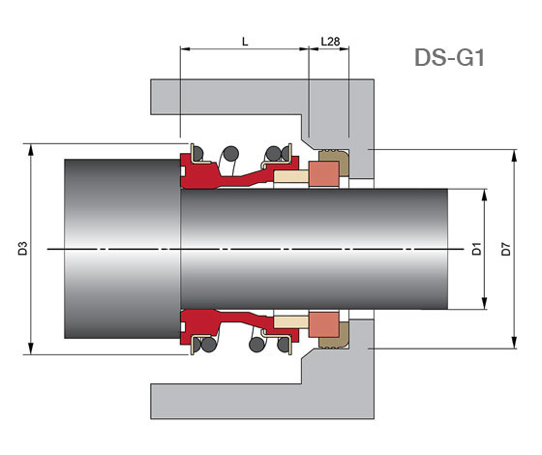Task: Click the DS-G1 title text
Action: (449, 57)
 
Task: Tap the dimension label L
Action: (245, 42)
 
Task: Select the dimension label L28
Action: (330, 42)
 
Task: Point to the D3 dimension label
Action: (22, 249)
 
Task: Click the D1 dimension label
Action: (476, 249)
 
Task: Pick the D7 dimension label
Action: (505, 249)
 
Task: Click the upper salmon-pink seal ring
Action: (323, 174)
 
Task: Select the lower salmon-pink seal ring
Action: (323, 324)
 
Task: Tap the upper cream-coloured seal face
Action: (290, 176)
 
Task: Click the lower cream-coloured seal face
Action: (290, 322)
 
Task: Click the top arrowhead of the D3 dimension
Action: (31, 149)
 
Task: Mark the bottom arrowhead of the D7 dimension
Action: (514, 343)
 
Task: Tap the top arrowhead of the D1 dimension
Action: (484, 195)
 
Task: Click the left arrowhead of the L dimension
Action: (185, 49)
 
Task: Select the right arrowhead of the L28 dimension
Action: (344, 49)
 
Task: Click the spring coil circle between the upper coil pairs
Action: (230, 154)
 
